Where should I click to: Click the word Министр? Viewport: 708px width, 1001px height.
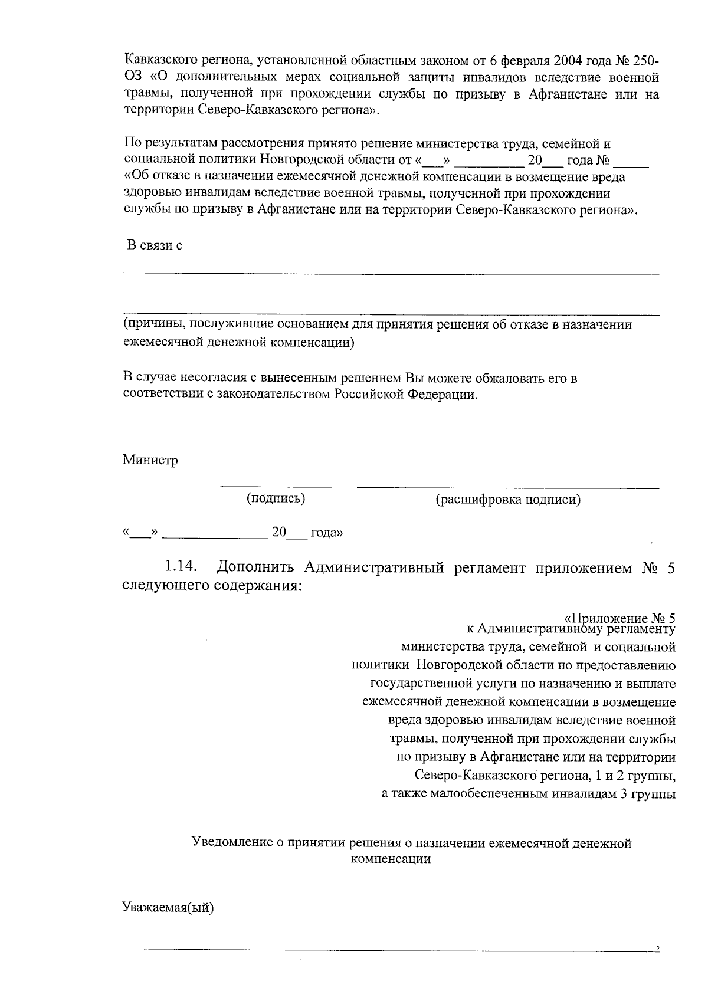(x=150, y=461)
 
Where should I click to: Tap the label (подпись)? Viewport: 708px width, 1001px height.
(x=276, y=499)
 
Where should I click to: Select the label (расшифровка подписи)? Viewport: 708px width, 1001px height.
(x=508, y=500)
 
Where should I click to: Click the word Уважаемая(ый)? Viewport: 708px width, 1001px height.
(x=168, y=907)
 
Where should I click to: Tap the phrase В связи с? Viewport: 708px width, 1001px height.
(x=155, y=245)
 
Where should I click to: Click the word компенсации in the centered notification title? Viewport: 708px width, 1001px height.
(x=390, y=859)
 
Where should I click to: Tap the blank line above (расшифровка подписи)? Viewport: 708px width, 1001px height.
(x=508, y=488)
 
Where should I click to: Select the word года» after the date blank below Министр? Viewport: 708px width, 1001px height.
(x=326, y=533)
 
